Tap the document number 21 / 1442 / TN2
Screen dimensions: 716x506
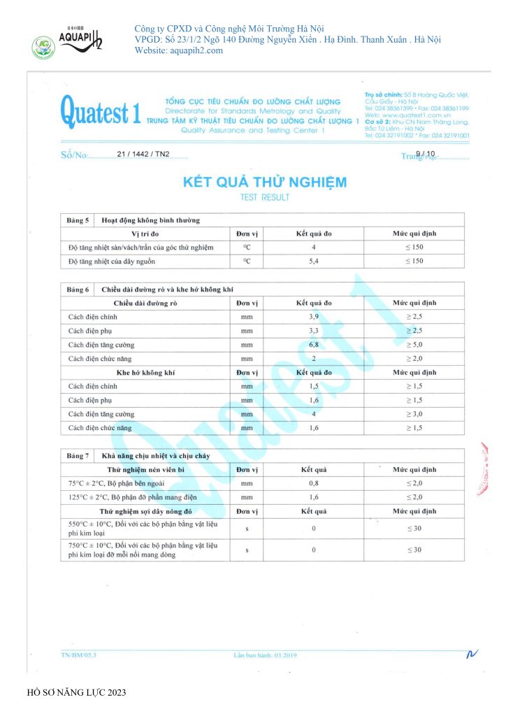pyautogui.click(x=143, y=154)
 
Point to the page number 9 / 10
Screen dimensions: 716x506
pyautogui.click(x=425, y=153)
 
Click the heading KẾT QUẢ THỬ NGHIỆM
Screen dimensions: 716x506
pyautogui.click(x=264, y=182)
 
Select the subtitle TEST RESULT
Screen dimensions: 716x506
pyautogui.click(x=264, y=198)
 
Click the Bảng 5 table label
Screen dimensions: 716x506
pyautogui.click(x=78, y=220)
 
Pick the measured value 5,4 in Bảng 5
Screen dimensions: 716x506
pyautogui.click(x=313, y=261)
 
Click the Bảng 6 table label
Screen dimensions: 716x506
pyautogui.click(x=78, y=289)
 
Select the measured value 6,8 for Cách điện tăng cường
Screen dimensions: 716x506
pyautogui.click(x=313, y=344)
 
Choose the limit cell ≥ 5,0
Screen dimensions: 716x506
pyautogui.click(x=414, y=344)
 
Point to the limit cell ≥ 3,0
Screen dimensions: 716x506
pyautogui.click(x=414, y=413)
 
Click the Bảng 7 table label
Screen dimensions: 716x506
pyautogui.click(x=78, y=455)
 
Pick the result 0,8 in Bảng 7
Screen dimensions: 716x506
pyautogui.click(x=313, y=483)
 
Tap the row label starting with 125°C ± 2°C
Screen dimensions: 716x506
pyautogui.click(x=122, y=497)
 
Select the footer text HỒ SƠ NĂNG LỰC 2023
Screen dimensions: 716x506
pyautogui.click(x=76, y=693)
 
